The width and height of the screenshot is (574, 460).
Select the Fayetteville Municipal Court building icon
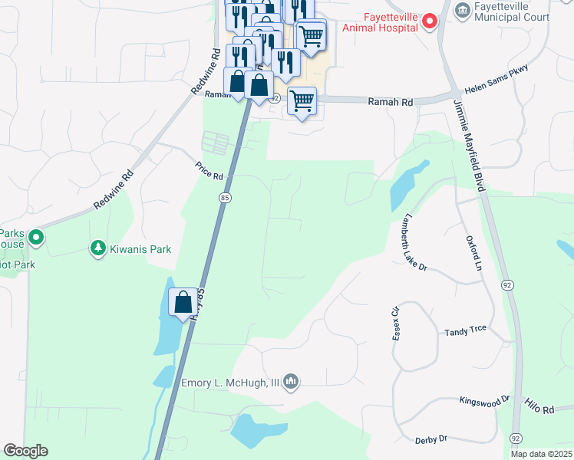click(x=463, y=9)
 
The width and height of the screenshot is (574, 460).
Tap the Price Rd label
click(x=209, y=170)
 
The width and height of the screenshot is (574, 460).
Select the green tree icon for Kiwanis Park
click(x=97, y=248)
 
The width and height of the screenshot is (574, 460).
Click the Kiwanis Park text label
click(x=140, y=249)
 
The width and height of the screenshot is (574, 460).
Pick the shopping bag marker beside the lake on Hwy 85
click(x=183, y=303)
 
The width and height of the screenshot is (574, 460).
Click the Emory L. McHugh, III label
click(x=230, y=381)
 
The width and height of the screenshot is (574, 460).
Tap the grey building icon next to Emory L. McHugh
click(x=291, y=380)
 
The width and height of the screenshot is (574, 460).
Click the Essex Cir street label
click(x=397, y=325)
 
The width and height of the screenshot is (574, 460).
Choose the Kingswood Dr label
click(x=484, y=400)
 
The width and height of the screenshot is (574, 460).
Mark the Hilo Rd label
click(x=539, y=406)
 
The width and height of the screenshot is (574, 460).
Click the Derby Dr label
click(x=430, y=439)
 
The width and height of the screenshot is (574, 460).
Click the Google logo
click(x=25, y=451)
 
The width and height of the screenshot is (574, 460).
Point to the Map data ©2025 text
click(x=540, y=454)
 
